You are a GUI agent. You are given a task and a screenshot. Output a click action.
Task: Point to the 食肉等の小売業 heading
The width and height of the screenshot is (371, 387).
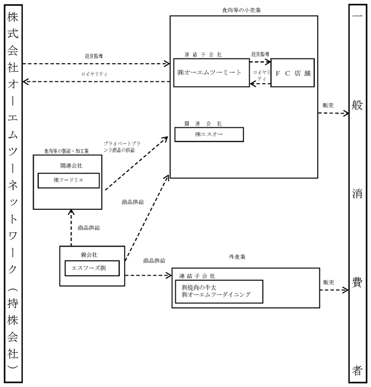[242, 10]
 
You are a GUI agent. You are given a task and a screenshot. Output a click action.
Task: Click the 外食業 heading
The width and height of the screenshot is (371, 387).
[237, 257]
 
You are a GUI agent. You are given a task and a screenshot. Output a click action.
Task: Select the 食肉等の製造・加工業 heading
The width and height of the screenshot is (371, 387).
[66, 151]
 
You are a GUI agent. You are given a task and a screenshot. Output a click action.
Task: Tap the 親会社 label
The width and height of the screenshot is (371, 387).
[89, 255]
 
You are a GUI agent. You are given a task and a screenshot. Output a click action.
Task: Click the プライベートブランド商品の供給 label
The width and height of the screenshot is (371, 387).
[122, 147]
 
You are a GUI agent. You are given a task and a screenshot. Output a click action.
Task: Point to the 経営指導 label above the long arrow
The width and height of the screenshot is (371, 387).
[94, 56]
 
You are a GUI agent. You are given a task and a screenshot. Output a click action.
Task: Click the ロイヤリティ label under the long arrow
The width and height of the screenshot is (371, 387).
[94, 74]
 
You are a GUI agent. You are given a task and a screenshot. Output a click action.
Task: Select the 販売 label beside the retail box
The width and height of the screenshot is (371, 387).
[328, 105]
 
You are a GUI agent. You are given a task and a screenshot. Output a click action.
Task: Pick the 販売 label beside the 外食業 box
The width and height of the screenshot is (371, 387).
[329, 282]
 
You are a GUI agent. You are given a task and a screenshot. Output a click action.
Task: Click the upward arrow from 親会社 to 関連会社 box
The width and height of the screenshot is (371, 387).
[71, 228]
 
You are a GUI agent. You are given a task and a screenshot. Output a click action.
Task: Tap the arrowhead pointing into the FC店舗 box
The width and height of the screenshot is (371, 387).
[268, 62]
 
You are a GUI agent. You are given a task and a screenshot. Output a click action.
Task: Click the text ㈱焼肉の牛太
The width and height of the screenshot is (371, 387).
[199, 288]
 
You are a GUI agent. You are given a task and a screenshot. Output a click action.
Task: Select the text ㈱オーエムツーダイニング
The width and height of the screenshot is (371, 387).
[216, 295]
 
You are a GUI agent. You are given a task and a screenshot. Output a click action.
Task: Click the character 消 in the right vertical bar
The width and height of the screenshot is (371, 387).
[357, 194]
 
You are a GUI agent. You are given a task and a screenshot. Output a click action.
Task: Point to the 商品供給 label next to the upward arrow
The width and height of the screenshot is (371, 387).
[89, 228]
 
